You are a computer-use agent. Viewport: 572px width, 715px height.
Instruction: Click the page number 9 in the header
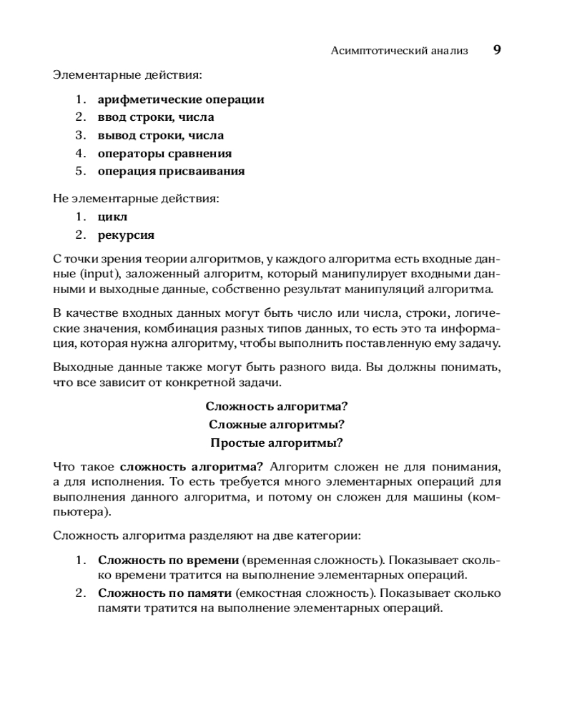pyautogui.click(x=497, y=50)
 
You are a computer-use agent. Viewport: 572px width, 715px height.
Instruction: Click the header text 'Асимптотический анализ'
pyautogui.click(x=400, y=51)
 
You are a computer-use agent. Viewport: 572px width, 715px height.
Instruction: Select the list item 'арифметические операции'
pyautogui.click(x=181, y=99)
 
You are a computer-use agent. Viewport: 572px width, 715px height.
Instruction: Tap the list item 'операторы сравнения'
pyautogui.click(x=164, y=153)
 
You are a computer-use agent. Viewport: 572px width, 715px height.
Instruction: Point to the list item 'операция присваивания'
pyautogui.click(x=171, y=171)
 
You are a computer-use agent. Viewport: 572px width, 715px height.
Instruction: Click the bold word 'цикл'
pyautogui.click(x=112, y=217)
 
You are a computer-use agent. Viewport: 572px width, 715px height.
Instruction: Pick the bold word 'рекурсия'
pyautogui.click(x=126, y=235)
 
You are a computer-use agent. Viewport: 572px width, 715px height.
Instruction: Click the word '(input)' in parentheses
pyautogui.click(x=98, y=275)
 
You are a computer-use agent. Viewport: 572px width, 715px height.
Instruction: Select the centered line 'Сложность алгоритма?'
pyautogui.click(x=277, y=406)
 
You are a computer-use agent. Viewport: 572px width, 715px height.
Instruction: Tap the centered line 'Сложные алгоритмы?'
pyautogui.click(x=277, y=424)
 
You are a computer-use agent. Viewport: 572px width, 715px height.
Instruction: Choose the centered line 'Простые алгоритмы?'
pyautogui.click(x=277, y=442)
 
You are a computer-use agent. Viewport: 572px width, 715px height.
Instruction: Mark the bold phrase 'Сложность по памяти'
pyautogui.click(x=164, y=593)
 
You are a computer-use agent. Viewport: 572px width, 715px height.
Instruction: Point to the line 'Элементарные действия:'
pyautogui.click(x=127, y=74)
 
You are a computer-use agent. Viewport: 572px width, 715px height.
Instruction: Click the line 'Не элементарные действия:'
pyautogui.click(x=136, y=198)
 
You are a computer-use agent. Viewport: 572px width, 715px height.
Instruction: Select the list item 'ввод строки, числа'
pyautogui.click(x=156, y=117)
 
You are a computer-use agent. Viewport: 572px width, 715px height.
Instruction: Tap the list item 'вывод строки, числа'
pyautogui.click(x=161, y=135)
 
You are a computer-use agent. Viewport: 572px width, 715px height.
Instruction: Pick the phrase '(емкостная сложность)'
pyautogui.click(x=307, y=593)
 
